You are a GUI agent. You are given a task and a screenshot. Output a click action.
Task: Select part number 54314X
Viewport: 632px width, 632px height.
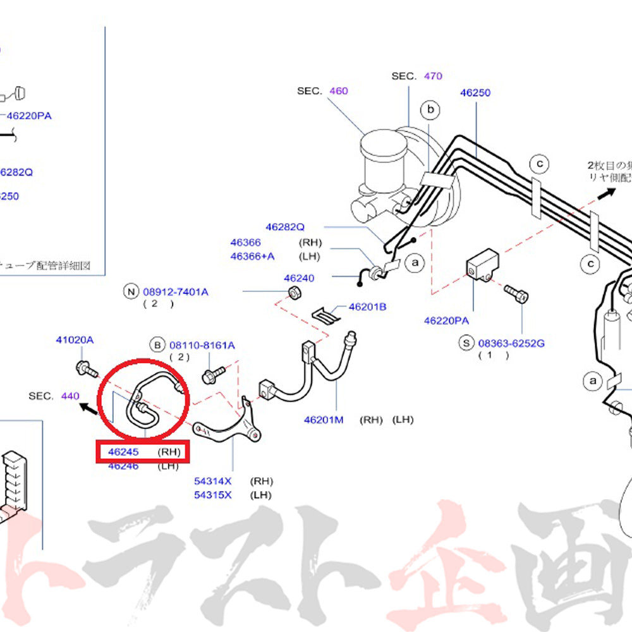(212, 482)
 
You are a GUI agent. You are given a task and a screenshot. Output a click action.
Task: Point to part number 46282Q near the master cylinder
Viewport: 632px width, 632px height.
(284, 226)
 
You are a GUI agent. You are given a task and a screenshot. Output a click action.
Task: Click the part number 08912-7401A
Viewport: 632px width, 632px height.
(175, 292)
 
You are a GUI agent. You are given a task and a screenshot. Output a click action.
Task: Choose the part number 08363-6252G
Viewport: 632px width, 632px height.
(511, 343)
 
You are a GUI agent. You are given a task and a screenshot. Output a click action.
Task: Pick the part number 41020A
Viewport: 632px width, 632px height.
(74, 340)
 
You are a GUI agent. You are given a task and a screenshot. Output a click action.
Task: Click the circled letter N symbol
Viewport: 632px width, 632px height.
(131, 291)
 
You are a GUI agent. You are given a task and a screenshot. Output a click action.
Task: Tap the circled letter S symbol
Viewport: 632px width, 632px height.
(466, 343)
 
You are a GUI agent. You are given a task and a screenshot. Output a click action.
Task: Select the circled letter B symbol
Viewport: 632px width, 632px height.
(157, 345)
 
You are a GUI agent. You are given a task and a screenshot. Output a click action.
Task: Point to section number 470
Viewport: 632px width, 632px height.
(433, 76)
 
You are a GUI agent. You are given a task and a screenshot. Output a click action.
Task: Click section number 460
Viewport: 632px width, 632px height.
(338, 91)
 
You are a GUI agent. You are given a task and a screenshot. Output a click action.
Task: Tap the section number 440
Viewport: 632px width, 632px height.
(70, 396)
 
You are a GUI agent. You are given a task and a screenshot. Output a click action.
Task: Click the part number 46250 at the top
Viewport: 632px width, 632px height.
(475, 92)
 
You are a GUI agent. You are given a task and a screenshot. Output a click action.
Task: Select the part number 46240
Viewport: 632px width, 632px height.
(299, 278)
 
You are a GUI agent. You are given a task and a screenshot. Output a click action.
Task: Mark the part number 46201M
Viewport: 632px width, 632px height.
(323, 420)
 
